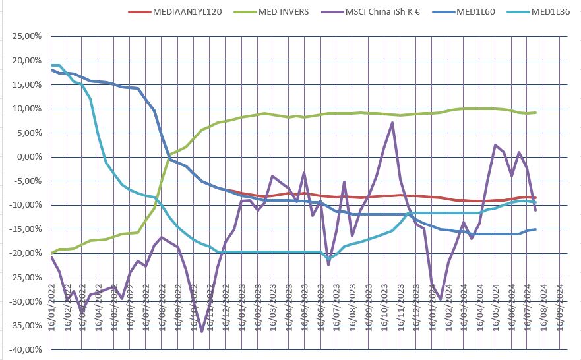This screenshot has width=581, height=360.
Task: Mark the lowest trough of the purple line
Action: (x=202, y=331)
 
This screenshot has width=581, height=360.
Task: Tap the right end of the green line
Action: (x=535, y=113)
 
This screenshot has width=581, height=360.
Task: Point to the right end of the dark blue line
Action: (x=535, y=229)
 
